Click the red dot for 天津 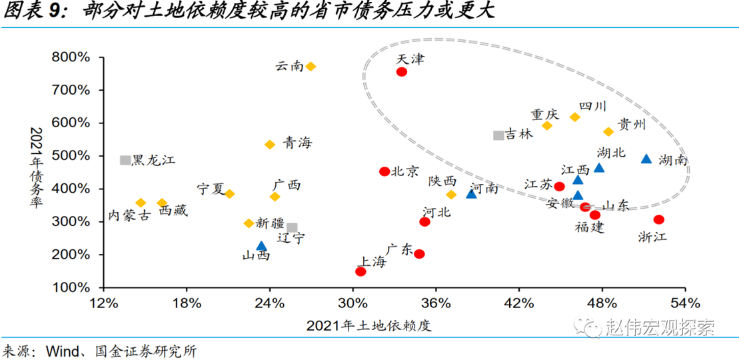pyautogui.click(x=402, y=71)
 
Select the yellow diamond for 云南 pyautogui.click(x=311, y=67)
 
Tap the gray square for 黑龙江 pyautogui.click(x=125, y=160)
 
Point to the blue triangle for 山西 pyautogui.click(x=261, y=246)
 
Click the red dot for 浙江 pyautogui.click(x=659, y=219)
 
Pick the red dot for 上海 pyautogui.click(x=361, y=271)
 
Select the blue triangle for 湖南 pyautogui.click(x=646, y=159)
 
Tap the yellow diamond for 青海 pyautogui.click(x=270, y=144)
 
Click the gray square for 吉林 pyautogui.click(x=498, y=135)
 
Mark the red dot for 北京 pyautogui.click(x=384, y=171)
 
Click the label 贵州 pyautogui.click(x=632, y=125)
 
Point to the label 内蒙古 pyautogui.click(x=129, y=216)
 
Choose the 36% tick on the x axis pyautogui.click(x=436, y=303)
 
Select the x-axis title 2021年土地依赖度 pyautogui.click(x=369, y=326)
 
